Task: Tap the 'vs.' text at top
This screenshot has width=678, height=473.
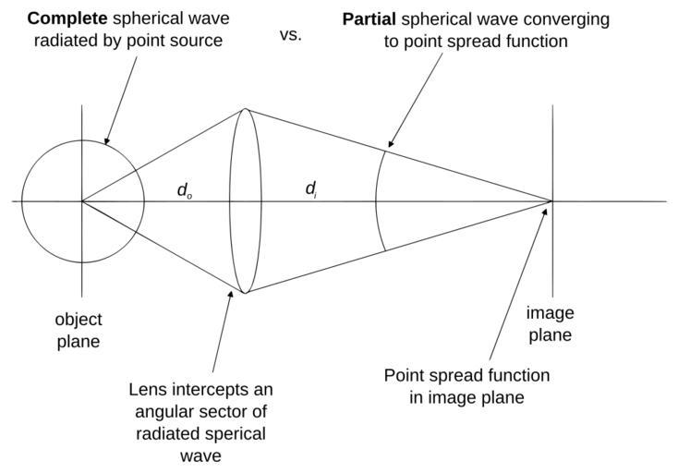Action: (x=290, y=36)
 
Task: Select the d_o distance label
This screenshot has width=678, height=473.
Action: (x=185, y=191)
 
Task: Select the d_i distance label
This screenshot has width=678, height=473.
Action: (x=311, y=190)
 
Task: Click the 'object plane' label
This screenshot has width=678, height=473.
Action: (x=78, y=331)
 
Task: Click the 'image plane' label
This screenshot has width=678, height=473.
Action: (x=550, y=323)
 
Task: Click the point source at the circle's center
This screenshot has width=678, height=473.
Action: (x=82, y=200)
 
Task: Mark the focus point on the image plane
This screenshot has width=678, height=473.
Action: (x=552, y=200)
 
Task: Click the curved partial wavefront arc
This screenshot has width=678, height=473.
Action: (x=377, y=200)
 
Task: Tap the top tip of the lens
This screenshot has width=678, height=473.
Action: (x=246, y=109)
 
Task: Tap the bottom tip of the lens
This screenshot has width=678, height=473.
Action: (x=246, y=292)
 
